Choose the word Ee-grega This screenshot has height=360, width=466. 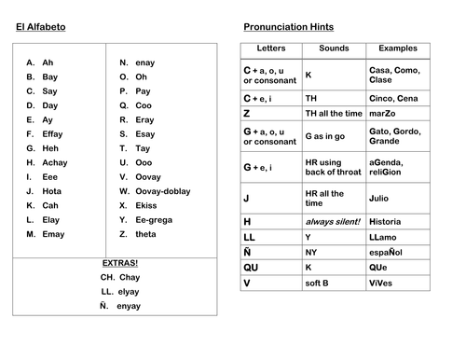153,219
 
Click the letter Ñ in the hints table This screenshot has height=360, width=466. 249,252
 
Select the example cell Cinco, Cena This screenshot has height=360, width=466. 394,97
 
